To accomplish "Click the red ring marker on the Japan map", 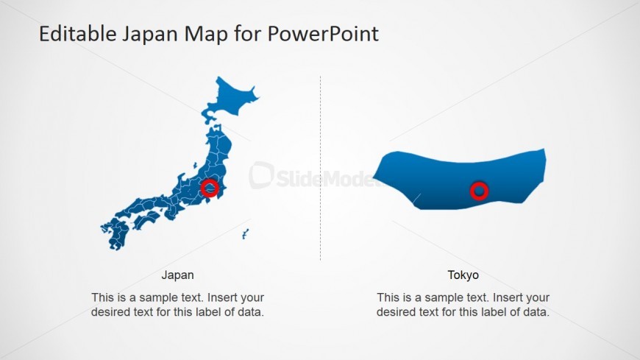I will tap(210, 188).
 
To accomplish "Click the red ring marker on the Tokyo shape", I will tap(479, 191).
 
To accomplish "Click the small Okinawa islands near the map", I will tap(245, 234).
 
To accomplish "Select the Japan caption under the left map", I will tap(178, 275).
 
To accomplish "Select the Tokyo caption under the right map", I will tap(463, 275).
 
